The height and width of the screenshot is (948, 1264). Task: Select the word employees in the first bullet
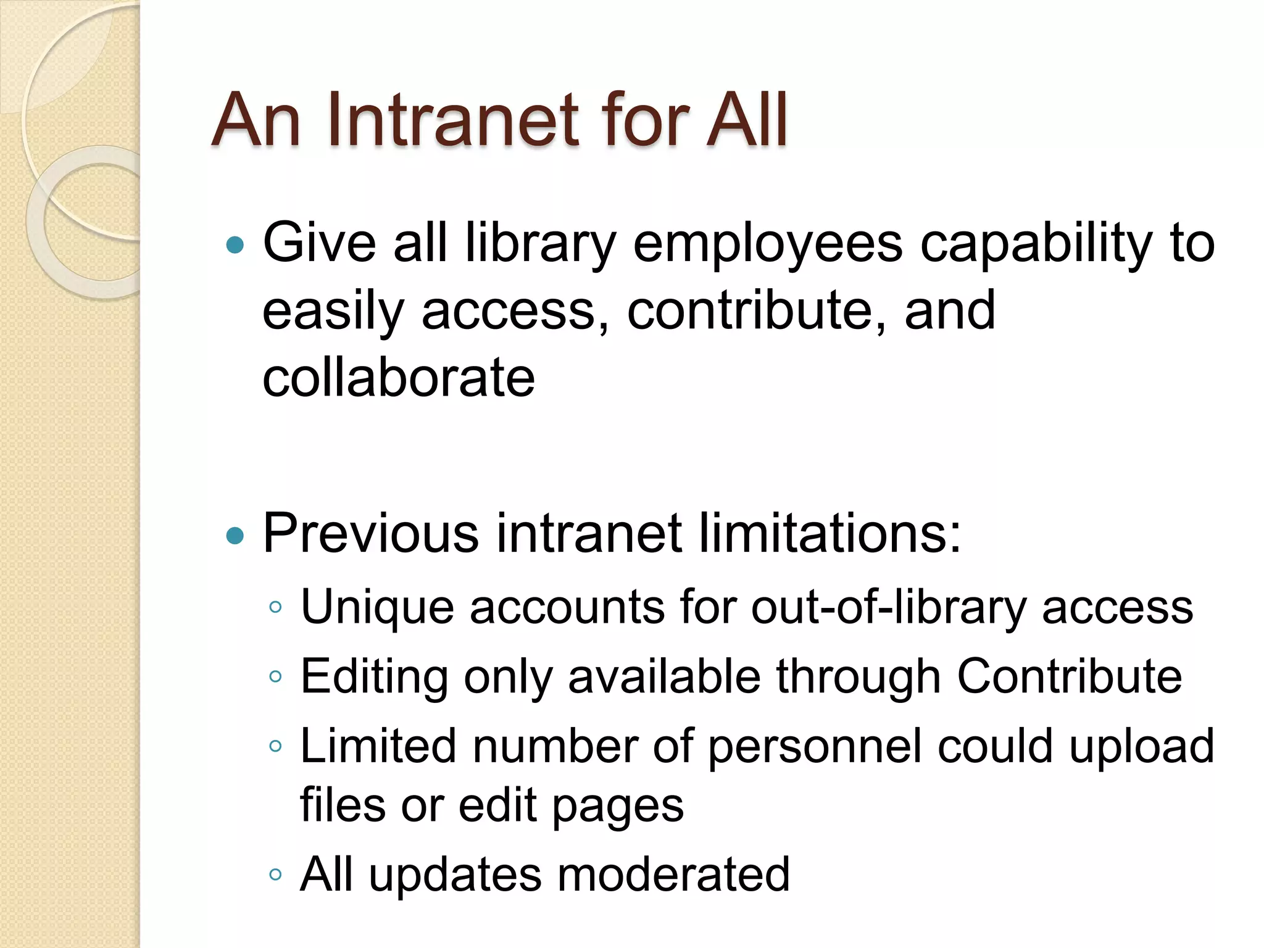click(x=768, y=244)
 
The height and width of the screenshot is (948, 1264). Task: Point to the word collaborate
click(x=399, y=377)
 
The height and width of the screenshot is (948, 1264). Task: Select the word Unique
click(x=377, y=607)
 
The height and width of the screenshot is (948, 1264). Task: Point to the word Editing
click(x=374, y=676)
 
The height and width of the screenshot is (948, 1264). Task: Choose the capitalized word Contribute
click(x=1069, y=676)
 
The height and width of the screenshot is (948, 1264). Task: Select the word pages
click(x=618, y=806)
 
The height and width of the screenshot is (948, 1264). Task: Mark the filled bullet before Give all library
click(x=235, y=246)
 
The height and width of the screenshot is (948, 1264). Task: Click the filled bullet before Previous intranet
click(x=235, y=535)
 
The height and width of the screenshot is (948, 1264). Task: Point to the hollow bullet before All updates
click(x=275, y=875)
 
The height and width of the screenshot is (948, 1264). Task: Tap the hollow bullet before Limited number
click(x=275, y=746)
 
